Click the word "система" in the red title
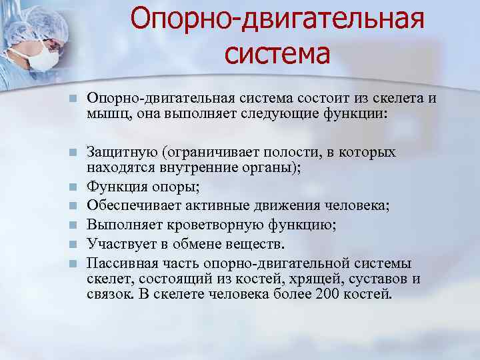click(277, 53)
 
